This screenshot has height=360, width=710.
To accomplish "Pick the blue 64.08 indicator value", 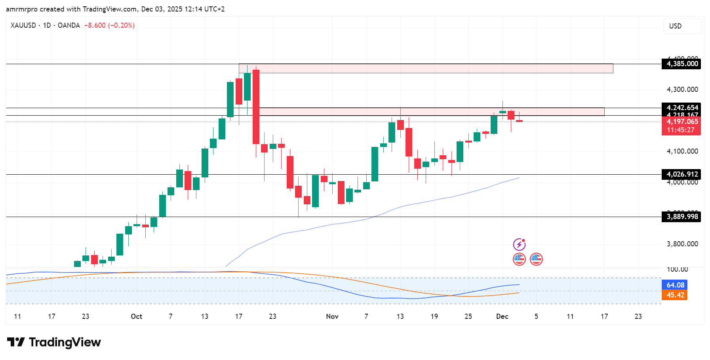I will (x=675, y=285).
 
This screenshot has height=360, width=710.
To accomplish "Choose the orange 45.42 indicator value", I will (x=675, y=295).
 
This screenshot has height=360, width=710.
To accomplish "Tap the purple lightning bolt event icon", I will (x=519, y=244).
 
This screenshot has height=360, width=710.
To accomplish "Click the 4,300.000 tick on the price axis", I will (x=682, y=90).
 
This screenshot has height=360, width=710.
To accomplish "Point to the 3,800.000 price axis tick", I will (x=682, y=244).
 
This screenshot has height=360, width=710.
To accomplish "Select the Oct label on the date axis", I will (x=136, y=316).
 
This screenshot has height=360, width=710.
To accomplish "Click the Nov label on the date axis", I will (x=332, y=316).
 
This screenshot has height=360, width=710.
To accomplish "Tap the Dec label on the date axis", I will (x=502, y=316).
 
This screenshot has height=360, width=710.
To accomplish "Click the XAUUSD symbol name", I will (x=23, y=25).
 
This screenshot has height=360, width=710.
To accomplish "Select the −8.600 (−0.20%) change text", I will (x=110, y=25).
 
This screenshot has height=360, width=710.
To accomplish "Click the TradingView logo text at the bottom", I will (x=65, y=342).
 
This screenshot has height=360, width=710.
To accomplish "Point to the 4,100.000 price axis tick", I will (x=682, y=151).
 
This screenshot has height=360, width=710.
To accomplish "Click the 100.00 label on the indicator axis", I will (x=677, y=269).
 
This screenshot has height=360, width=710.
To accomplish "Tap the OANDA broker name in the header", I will (x=69, y=25).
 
